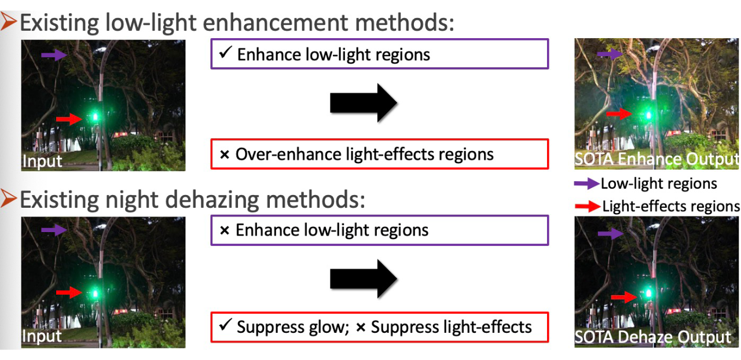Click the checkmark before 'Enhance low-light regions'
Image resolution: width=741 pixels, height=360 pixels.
click(225, 52)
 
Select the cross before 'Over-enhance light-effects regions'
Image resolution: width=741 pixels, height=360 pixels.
click(225, 155)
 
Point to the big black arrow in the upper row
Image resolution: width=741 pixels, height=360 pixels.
click(364, 103)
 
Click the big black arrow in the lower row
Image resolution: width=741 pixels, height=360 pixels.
click(364, 278)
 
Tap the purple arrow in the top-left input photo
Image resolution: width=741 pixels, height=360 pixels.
click(54, 55)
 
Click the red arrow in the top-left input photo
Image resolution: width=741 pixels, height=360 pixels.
click(69, 119)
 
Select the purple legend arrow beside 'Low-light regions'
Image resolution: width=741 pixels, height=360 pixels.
click(586, 183)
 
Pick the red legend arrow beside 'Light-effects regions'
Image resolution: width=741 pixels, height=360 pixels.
click(588, 207)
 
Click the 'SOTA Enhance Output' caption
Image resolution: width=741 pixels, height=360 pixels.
click(656, 159)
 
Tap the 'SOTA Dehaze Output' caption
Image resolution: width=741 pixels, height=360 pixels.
click(652, 337)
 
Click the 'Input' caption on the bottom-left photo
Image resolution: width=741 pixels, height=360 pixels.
click(42, 336)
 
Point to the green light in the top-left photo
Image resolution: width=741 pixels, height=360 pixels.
click(96, 116)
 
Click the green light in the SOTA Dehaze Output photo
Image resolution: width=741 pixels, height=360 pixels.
click(649, 293)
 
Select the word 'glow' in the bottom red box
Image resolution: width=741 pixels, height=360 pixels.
click(327, 328)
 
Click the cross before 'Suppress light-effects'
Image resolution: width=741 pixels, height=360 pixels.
click(361, 328)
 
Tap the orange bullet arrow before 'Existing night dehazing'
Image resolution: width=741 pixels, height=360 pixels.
click(8, 199)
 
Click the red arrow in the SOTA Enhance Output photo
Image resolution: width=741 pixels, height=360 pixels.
click(619, 114)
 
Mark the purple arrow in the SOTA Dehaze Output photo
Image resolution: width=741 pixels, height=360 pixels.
click(611, 234)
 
